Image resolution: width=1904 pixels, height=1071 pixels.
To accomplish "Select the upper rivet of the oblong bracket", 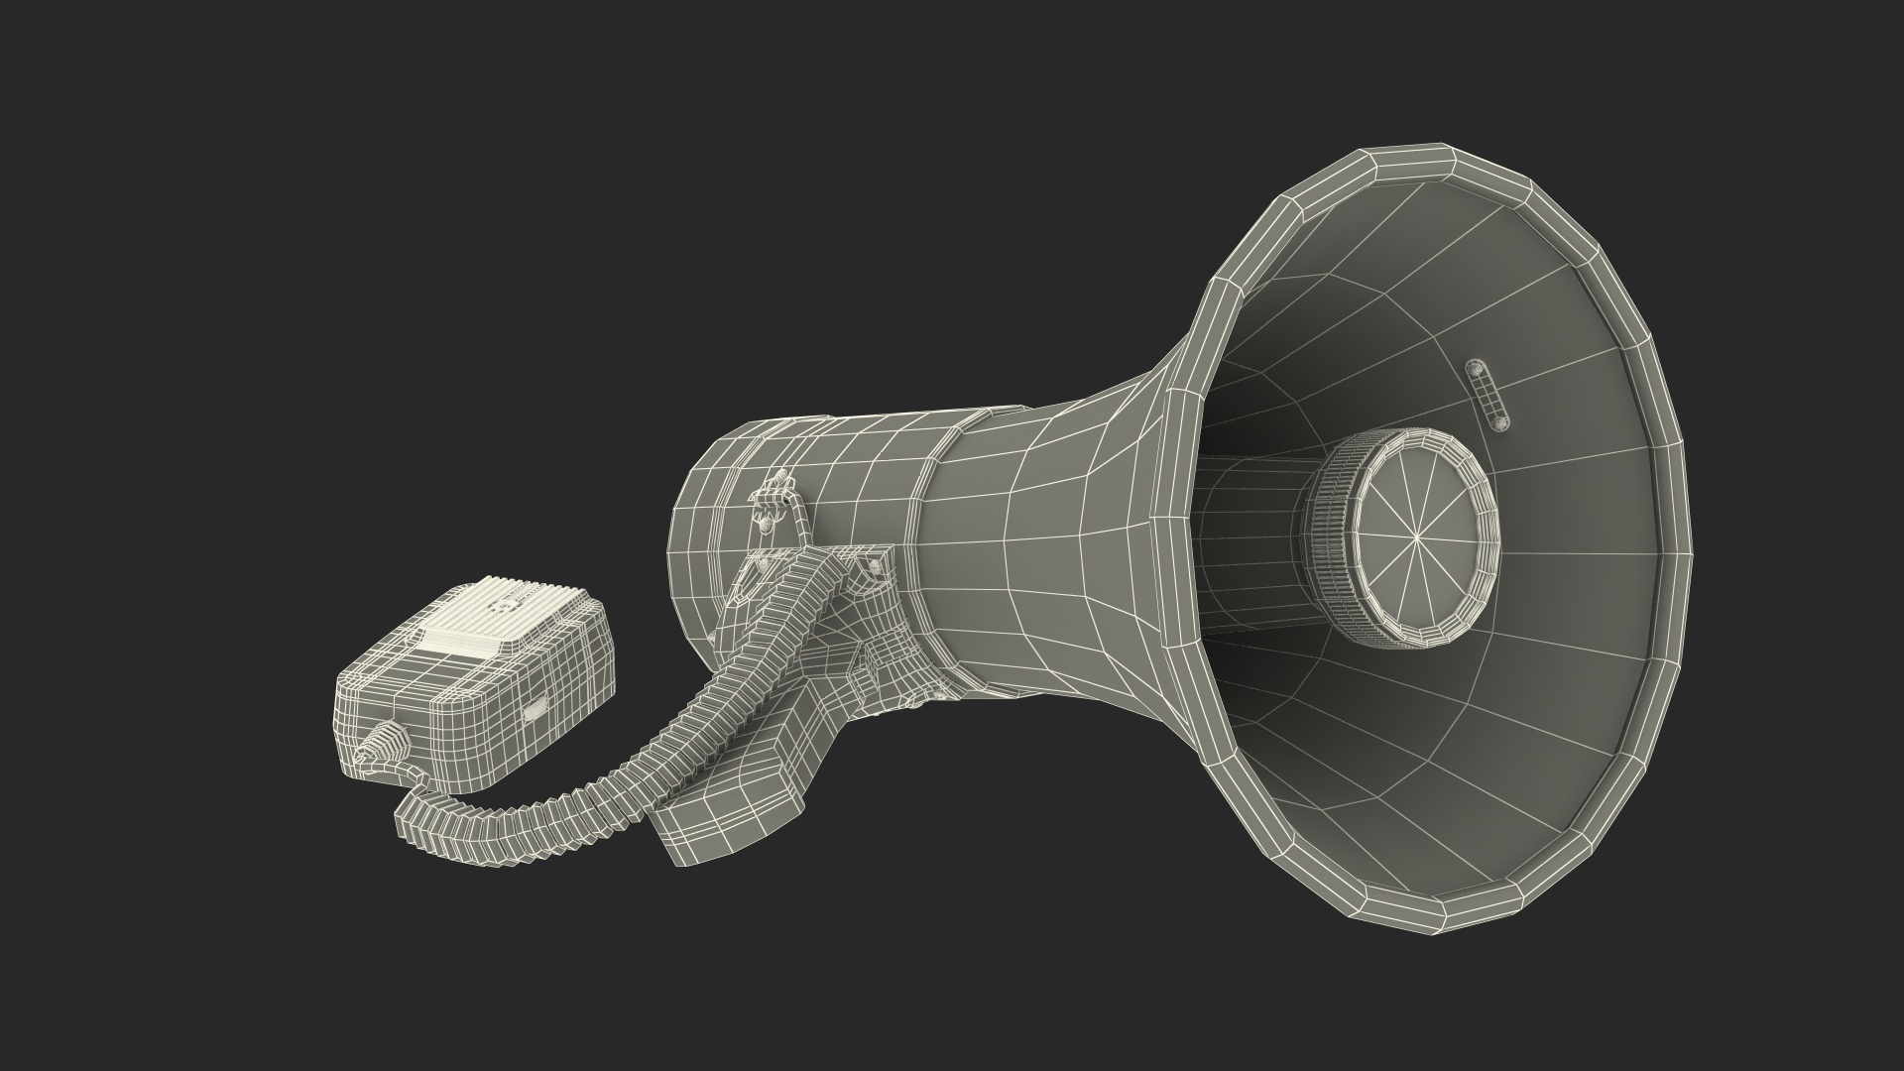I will coord(1475,367).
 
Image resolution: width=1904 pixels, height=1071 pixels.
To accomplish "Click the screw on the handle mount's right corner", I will coord(876,566).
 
